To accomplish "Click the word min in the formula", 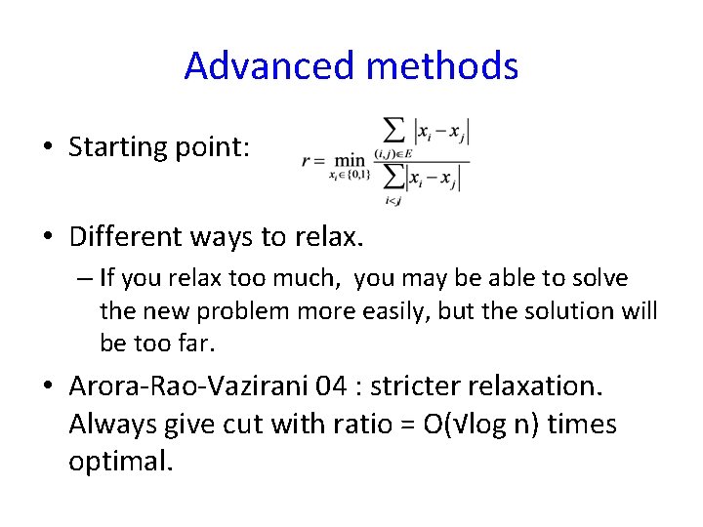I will coord(348,160).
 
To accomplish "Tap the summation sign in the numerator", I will coord(394,131).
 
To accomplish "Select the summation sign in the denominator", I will coord(393,179).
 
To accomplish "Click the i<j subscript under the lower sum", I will coord(392,201).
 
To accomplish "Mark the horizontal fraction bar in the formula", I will coord(420,161).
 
